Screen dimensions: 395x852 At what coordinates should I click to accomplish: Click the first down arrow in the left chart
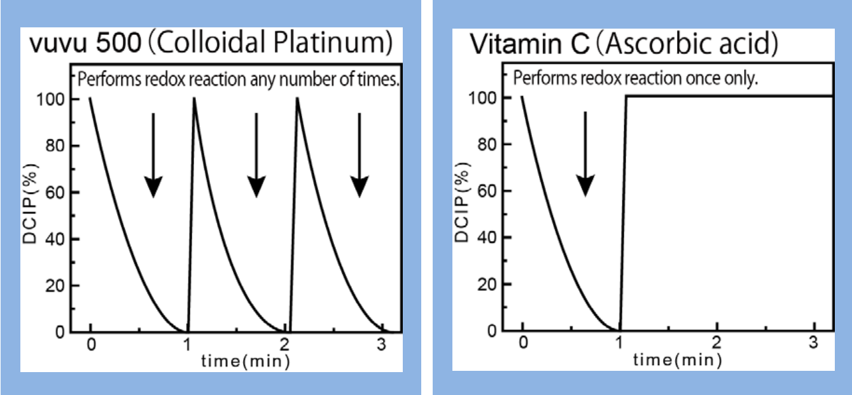[153, 156]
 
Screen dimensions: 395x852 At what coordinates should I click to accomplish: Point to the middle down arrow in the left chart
[256, 156]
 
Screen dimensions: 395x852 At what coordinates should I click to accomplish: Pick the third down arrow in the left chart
[360, 156]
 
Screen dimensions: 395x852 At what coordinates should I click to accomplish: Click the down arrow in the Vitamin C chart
[585, 156]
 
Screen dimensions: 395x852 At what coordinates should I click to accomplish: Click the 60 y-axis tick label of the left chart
[58, 193]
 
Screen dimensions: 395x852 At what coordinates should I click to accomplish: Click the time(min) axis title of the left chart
[246, 362]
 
